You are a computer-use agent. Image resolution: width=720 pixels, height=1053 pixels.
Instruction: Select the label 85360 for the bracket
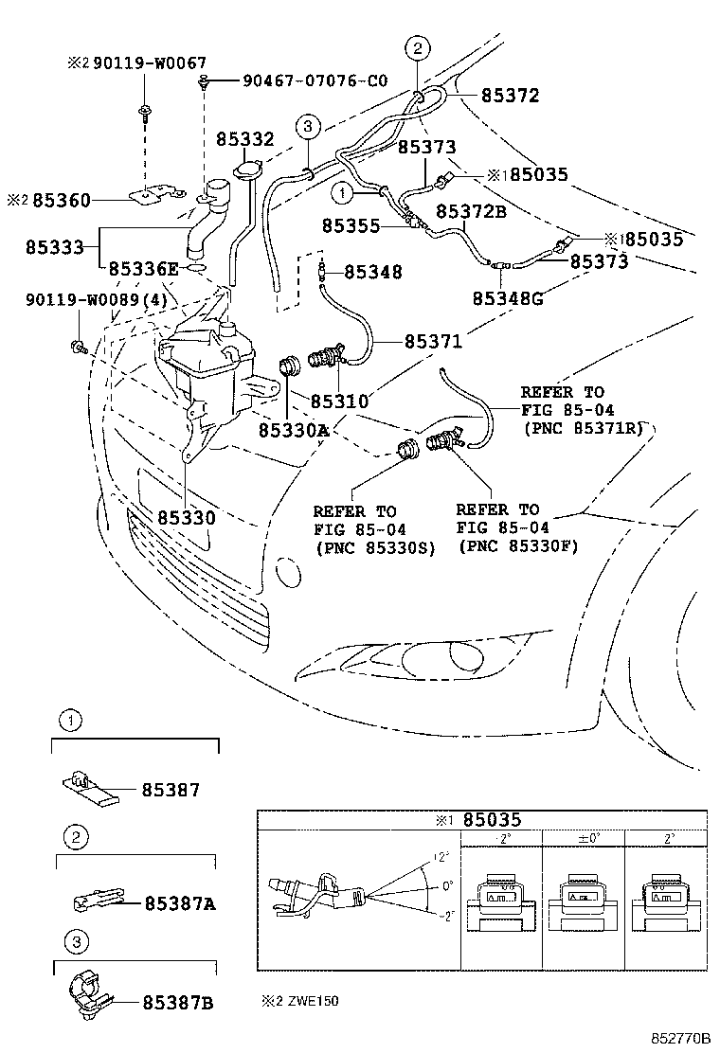tap(62, 200)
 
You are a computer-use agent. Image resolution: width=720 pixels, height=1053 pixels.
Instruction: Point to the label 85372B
tap(471, 211)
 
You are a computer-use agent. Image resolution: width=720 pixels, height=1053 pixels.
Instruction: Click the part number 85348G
tap(508, 299)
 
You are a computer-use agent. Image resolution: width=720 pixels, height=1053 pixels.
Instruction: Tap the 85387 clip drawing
tap(90, 787)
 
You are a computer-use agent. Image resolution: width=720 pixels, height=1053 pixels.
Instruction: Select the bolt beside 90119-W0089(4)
tap(79, 348)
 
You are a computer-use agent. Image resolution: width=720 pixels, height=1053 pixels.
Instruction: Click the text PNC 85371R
tap(581, 427)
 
